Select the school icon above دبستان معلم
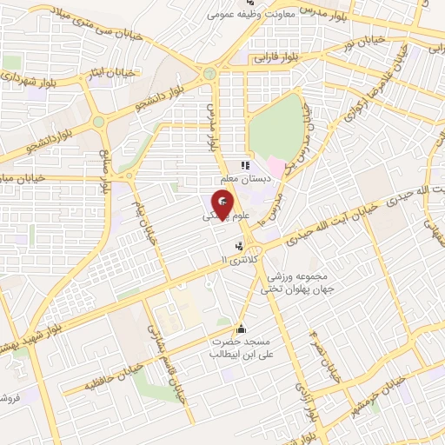pyautogui.click(x=245, y=164)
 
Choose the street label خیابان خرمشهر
pyautogui.click(x=375, y=396)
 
